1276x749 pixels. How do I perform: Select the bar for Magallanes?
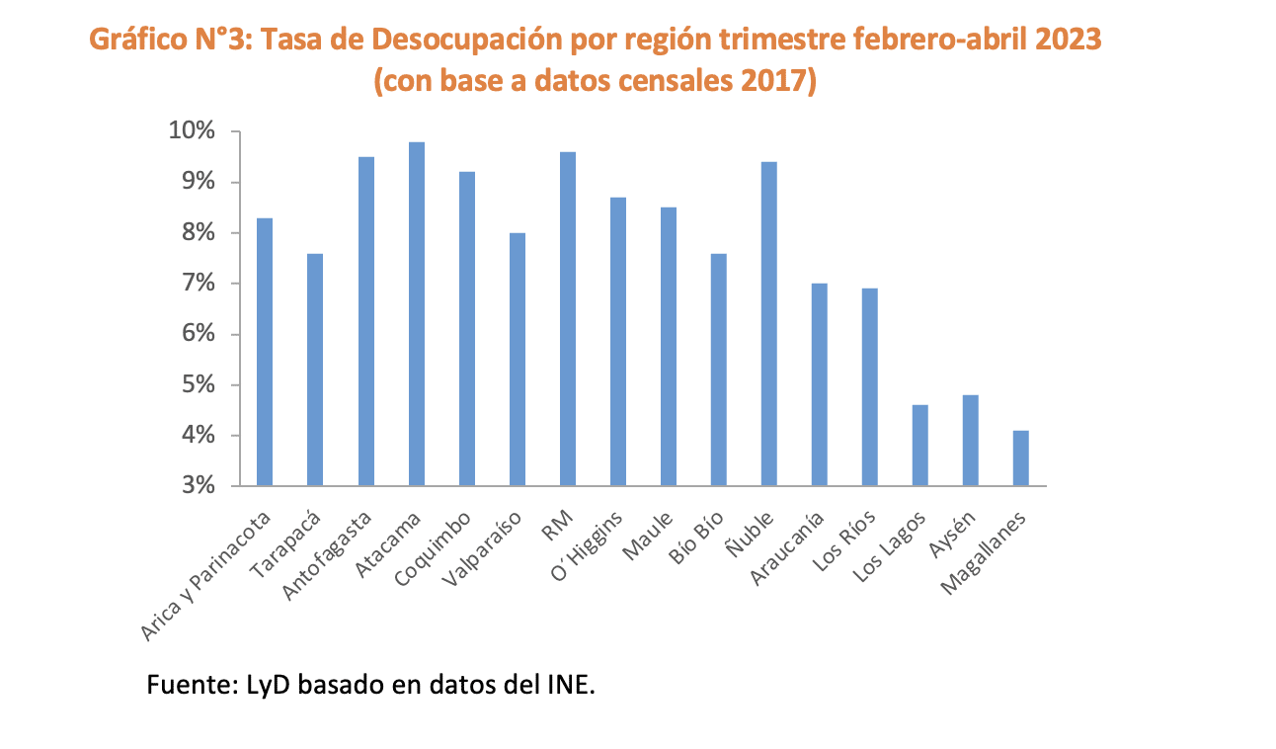click(1021, 458)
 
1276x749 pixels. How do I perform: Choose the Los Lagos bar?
click(920, 446)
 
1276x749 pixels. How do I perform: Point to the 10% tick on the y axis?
click(220, 131)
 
